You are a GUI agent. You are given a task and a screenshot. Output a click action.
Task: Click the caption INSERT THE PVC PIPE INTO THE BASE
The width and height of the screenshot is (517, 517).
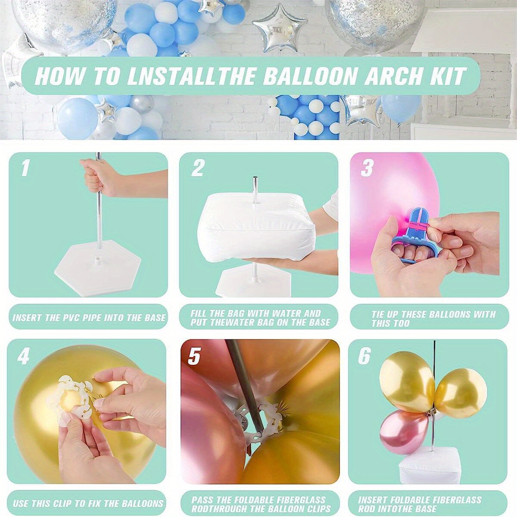(89, 318)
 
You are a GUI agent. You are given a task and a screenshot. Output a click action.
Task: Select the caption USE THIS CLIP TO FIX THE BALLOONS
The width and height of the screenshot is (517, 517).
(88, 503)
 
